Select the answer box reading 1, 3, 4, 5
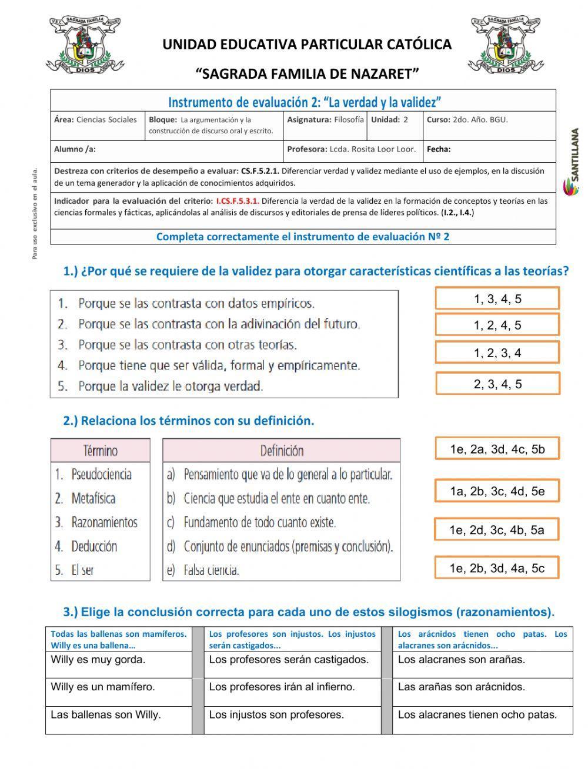[497, 299]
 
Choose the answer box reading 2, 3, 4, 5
[497, 384]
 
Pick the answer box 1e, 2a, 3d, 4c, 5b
[497, 449]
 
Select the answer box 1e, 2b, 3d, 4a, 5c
[497, 568]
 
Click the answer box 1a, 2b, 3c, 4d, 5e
[497, 491]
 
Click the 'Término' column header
[101, 451]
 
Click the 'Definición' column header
[282, 451]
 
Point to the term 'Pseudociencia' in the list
[101, 475]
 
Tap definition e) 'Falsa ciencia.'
[211, 570]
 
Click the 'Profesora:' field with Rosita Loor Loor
[351, 149]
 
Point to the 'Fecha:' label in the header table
[439, 149]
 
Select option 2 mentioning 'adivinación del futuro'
[218, 324]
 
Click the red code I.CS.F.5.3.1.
[238, 201]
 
